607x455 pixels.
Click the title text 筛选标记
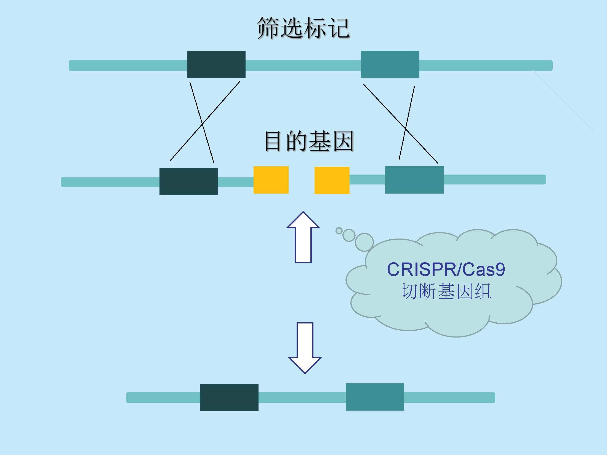click(x=303, y=28)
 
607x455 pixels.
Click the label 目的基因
click(x=309, y=141)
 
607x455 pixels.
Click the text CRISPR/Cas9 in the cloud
click(x=446, y=269)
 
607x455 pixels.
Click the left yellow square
click(x=271, y=180)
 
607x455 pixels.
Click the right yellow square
click(x=332, y=180)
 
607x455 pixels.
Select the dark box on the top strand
click(x=216, y=64)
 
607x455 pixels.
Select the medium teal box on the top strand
click(x=390, y=64)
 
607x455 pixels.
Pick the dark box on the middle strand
click(x=188, y=181)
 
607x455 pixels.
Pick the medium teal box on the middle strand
click(x=414, y=180)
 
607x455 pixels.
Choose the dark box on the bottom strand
click(x=229, y=397)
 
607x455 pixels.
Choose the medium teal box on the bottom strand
click(x=375, y=397)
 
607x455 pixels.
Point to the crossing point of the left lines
click(x=202, y=124)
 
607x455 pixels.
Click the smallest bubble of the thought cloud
click(x=339, y=231)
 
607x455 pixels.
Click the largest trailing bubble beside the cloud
click(x=364, y=242)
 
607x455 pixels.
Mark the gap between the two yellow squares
click(x=302, y=180)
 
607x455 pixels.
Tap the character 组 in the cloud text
click(x=483, y=292)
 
